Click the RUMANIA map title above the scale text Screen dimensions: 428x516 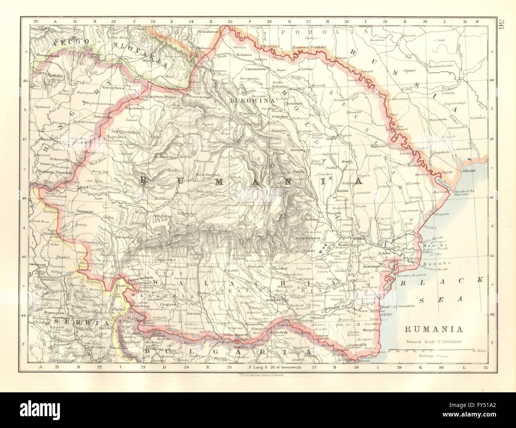coord(433,329)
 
